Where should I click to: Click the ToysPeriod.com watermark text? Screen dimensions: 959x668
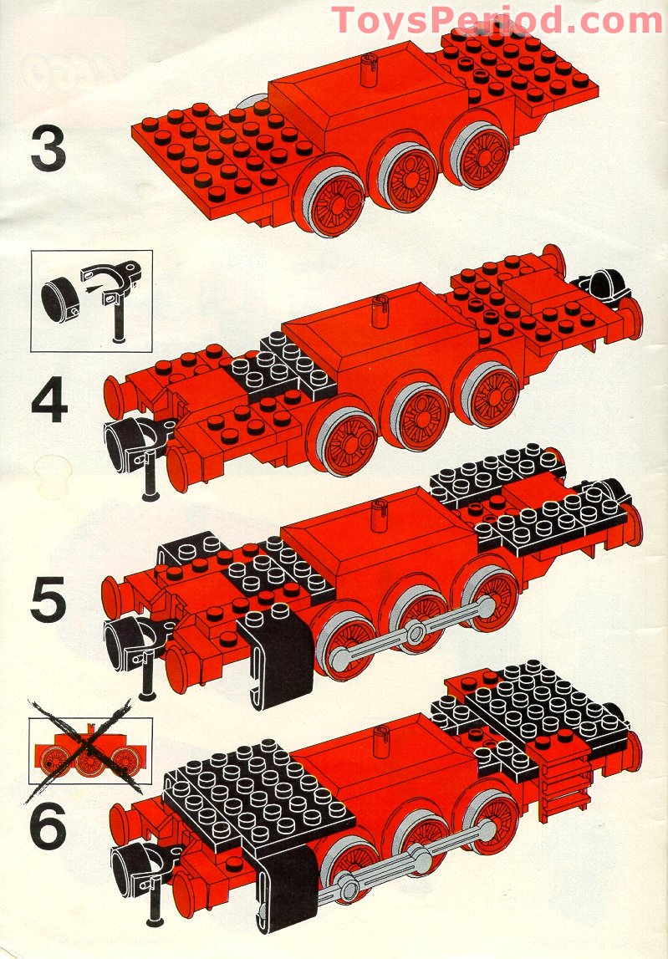pyautogui.click(x=497, y=20)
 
